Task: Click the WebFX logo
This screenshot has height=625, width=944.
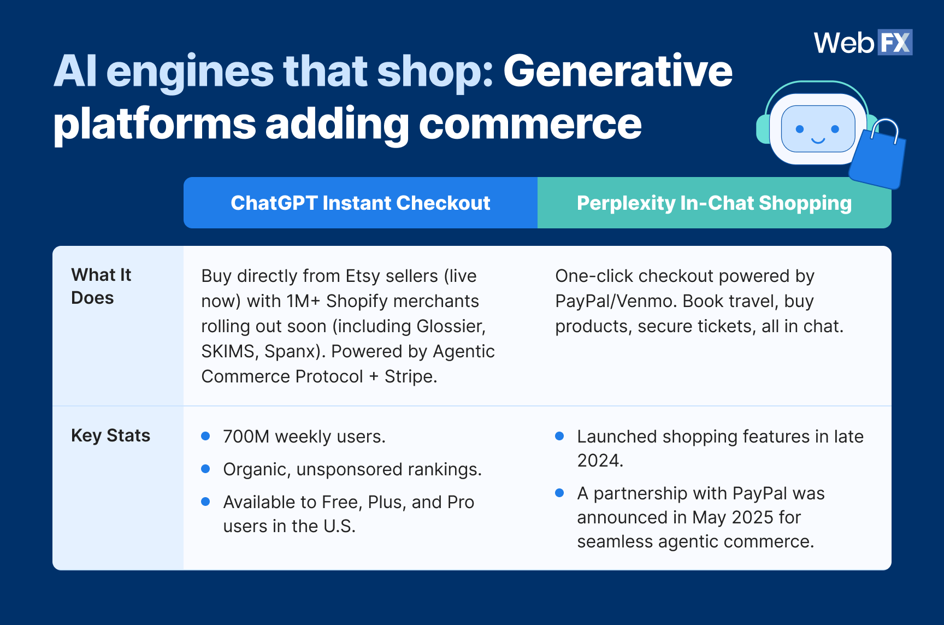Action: pyautogui.click(x=863, y=43)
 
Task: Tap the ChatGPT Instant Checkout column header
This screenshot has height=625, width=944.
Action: pyautogui.click(x=360, y=203)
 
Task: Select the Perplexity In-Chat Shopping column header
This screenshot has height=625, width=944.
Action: pyautogui.click(x=714, y=203)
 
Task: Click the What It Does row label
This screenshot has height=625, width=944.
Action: pyautogui.click(x=101, y=286)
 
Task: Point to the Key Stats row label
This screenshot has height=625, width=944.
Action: pyautogui.click(x=110, y=435)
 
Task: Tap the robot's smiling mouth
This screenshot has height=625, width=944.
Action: pyautogui.click(x=818, y=141)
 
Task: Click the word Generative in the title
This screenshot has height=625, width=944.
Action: pyautogui.click(x=617, y=72)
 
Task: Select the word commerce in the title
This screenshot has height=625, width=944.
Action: pyautogui.click(x=530, y=124)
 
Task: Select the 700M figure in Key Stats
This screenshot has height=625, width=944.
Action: pyautogui.click(x=246, y=437)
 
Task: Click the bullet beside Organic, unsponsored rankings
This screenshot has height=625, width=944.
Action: pyautogui.click(x=205, y=469)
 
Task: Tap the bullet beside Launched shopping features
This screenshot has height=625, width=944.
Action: pyautogui.click(x=559, y=436)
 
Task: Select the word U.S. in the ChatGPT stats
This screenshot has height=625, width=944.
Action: pyautogui.click(x=339, y=526)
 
